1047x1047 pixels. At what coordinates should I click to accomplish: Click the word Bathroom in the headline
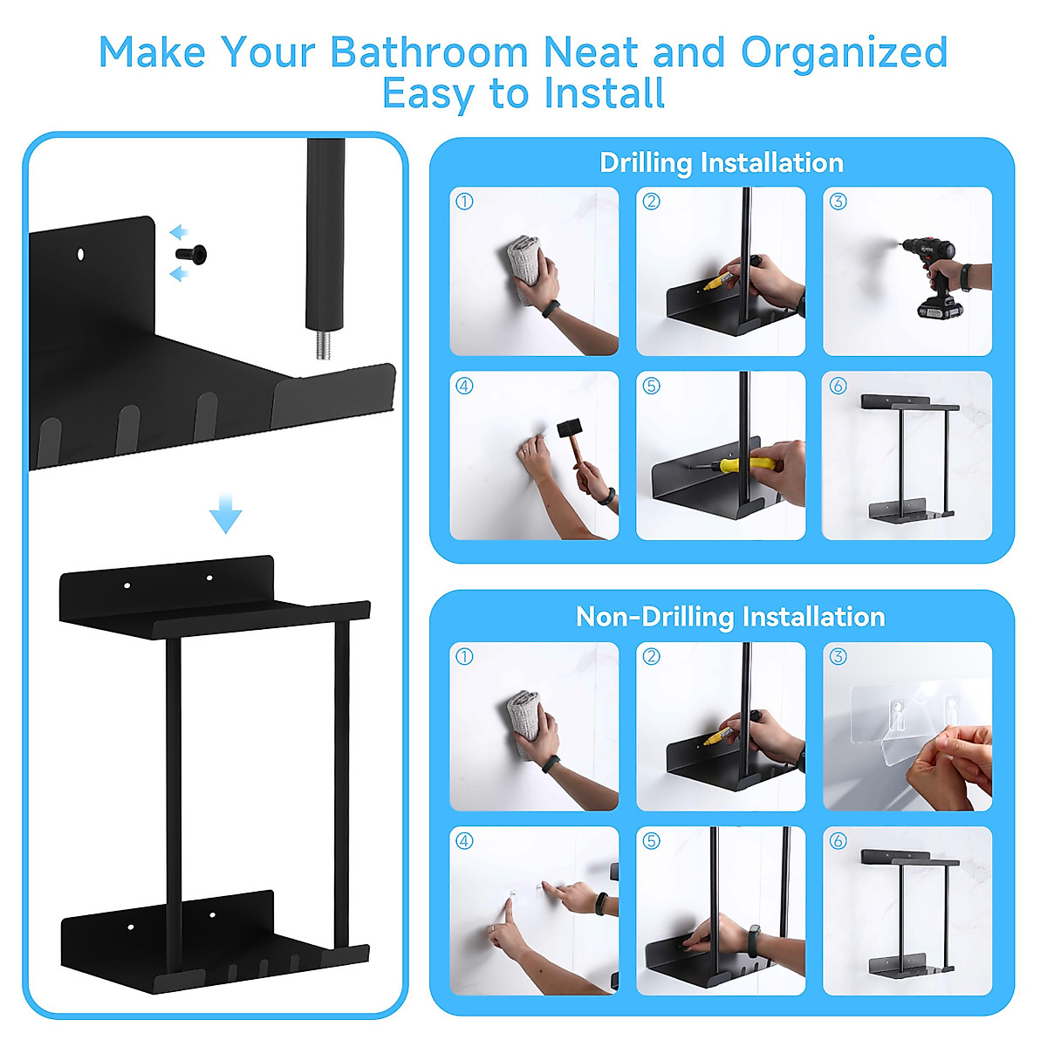(x=430, y=52)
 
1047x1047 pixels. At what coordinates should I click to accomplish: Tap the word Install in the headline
(x=606, y=93)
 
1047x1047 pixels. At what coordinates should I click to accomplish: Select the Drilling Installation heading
(x=722, y=163)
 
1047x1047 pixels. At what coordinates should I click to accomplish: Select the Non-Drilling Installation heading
(x=730, y=617)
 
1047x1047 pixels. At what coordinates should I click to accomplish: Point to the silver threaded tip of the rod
(x=319, y=344)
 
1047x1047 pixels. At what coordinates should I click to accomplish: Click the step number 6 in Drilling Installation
(x=838, y=386)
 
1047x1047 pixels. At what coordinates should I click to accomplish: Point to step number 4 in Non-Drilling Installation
(x=464, y=841)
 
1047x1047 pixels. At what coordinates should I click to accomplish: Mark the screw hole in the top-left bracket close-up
(x=79, y=254)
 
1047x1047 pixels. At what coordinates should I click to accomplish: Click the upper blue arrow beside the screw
(x=178, y=232)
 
